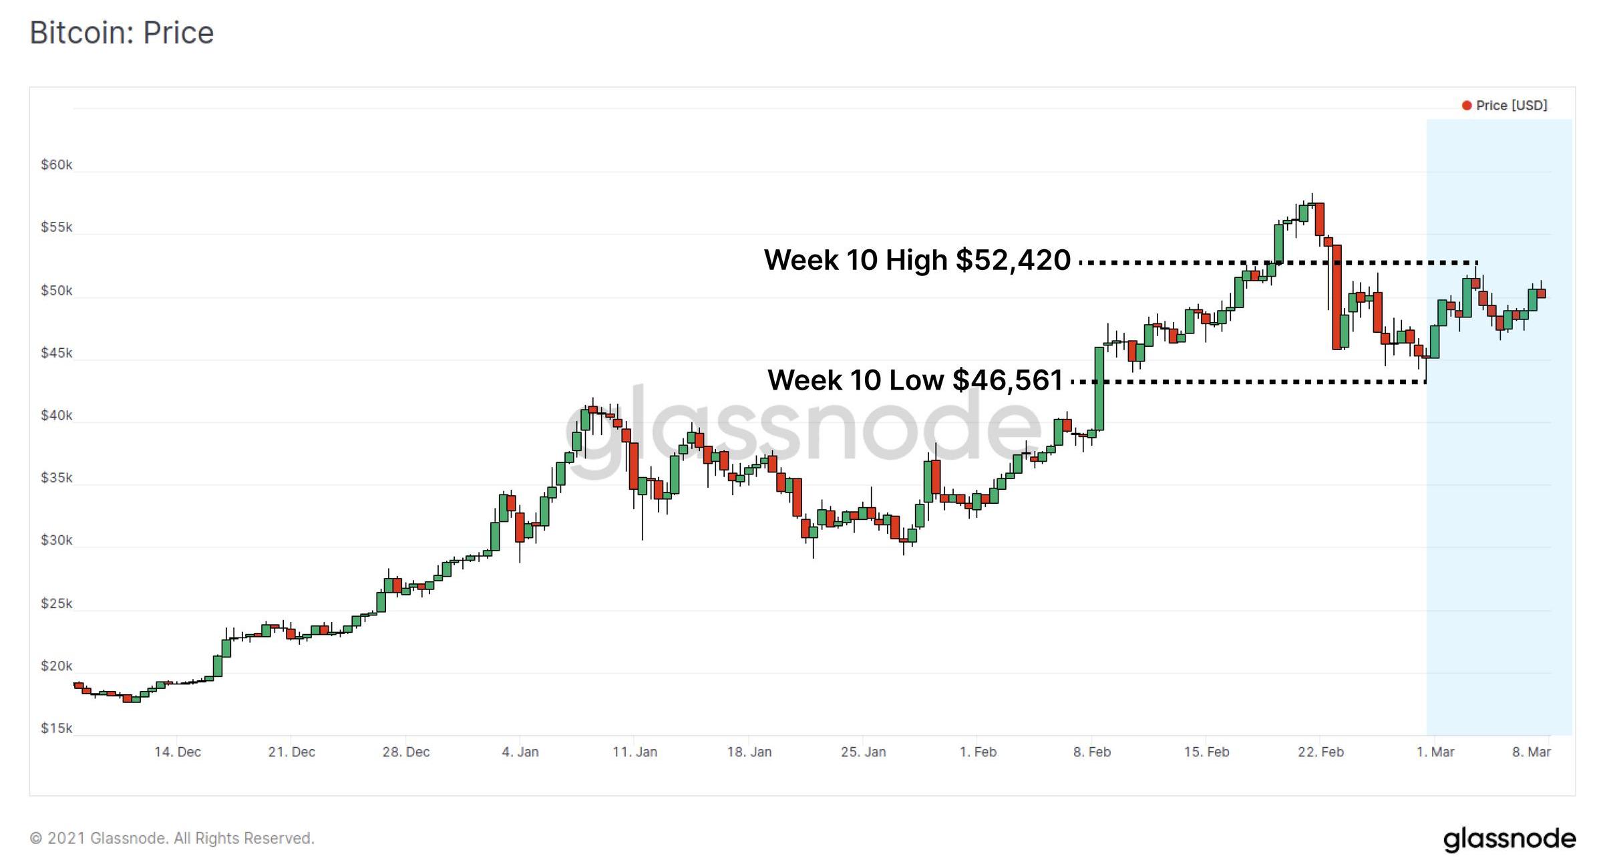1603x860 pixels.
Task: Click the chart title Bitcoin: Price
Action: coord(122,33)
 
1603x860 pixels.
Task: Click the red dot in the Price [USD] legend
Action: coord(1467,106)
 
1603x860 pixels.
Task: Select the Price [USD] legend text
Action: coord(1511,106)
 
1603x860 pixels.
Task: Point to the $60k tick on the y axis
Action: coord(57,164)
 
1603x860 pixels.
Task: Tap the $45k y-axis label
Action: coord(57,353)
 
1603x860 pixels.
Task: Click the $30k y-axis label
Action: coord(57,540)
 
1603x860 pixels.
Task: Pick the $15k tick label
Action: coord(57,728)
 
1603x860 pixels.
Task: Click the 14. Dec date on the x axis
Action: coord(178,752)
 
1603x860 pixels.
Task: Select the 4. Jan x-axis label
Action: coord(520,752)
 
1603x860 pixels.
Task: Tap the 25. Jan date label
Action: coord(863,752)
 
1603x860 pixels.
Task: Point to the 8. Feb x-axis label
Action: coord(1092,752)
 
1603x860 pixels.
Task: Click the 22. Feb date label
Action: coord(1320,752)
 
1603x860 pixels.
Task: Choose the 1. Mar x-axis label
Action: coord(1435,752)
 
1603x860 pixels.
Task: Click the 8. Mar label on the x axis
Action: coord(1531,752)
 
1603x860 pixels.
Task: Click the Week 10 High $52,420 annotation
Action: coord(917,260)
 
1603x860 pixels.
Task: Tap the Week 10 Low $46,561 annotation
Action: coord(915,380)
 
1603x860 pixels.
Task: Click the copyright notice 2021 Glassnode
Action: coord(172,838)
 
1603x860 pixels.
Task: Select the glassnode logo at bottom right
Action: coord(1509,839)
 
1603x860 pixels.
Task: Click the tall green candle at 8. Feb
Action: coord(1099,388)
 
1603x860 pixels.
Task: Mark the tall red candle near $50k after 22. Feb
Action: coord(1337,297)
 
